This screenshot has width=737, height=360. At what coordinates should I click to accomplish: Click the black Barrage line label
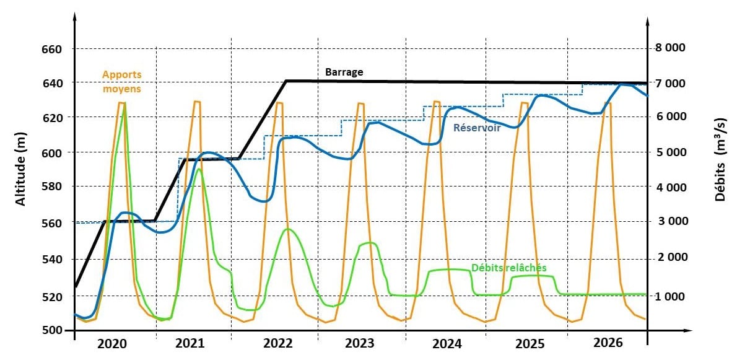tap(344, 72)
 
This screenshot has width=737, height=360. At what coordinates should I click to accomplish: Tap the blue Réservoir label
tap(477, 128)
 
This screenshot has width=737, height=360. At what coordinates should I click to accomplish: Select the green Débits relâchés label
tap(508, 268)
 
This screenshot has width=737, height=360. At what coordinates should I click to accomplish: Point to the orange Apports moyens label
tap(122, 81)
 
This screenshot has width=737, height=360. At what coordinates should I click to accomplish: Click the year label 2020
tap(113, 344)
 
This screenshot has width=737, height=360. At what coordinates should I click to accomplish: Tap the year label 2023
tap(360, 344)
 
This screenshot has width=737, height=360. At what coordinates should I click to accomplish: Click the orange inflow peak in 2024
tap(437, 102)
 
